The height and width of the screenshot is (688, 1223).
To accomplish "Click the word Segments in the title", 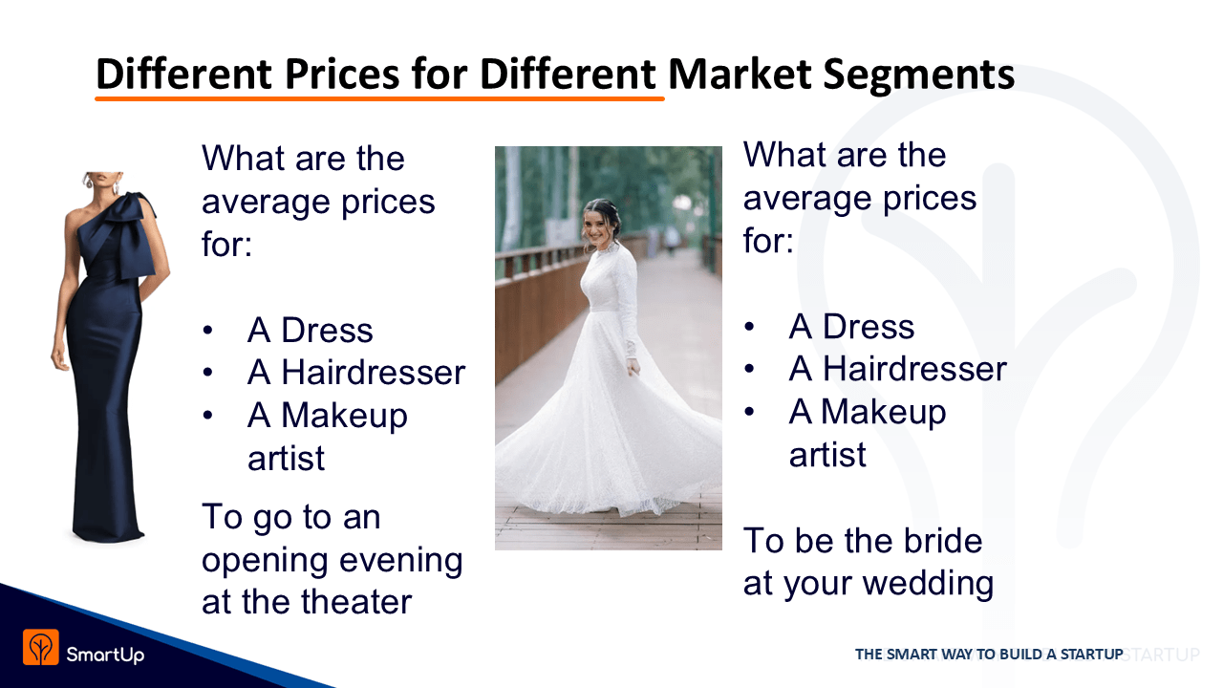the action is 918,75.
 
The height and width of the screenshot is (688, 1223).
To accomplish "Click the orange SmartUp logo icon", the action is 41,647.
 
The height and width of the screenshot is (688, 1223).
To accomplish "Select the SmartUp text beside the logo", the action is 105,655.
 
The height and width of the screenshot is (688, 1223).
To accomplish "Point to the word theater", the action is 356,602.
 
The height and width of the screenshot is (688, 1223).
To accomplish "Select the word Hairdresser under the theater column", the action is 373,373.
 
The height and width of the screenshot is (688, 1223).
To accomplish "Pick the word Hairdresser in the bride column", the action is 914,369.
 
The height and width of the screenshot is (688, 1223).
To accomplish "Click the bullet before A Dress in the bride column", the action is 749,327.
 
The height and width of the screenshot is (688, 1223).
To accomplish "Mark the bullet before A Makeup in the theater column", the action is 207,415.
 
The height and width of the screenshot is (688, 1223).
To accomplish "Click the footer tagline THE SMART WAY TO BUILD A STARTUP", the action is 989,655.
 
